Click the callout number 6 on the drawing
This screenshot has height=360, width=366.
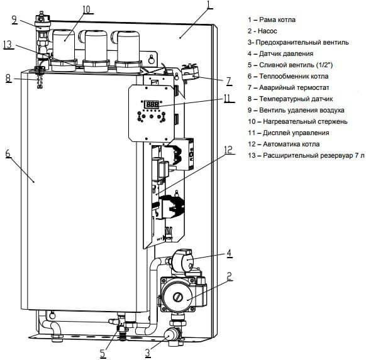(x=8, y=153)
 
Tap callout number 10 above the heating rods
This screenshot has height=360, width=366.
(x=86, y=9)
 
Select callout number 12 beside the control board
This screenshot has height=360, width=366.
(x=228, y=150)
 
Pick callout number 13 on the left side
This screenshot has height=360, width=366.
(x=8, y=45)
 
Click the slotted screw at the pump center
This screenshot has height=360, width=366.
(x=177, y=297)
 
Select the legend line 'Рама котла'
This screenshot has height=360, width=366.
(x=272, y=19)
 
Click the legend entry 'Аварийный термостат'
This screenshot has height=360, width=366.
(x=289, y=88)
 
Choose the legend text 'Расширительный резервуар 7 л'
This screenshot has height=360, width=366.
(x=306, y=155)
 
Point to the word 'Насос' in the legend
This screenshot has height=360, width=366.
(x=267, y=31)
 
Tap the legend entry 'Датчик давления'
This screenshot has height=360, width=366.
(x=280, y=53)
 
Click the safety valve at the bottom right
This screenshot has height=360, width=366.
(x=173, y=335)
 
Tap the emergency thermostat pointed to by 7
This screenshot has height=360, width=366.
(x=190, y=72)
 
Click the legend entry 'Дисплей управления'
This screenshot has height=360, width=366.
(x=289, y=133)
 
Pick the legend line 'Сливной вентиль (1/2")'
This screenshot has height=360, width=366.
(x=291, y=65)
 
